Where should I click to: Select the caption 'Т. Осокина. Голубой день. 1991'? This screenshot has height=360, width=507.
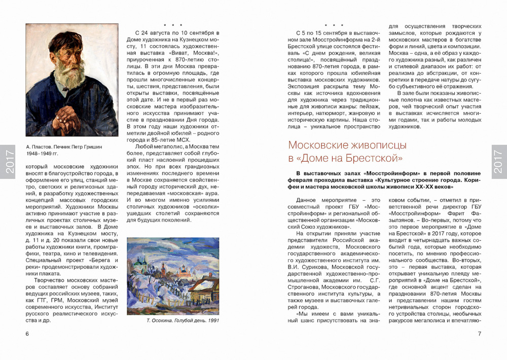[173, 320]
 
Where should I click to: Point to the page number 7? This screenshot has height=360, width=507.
[479, 334]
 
